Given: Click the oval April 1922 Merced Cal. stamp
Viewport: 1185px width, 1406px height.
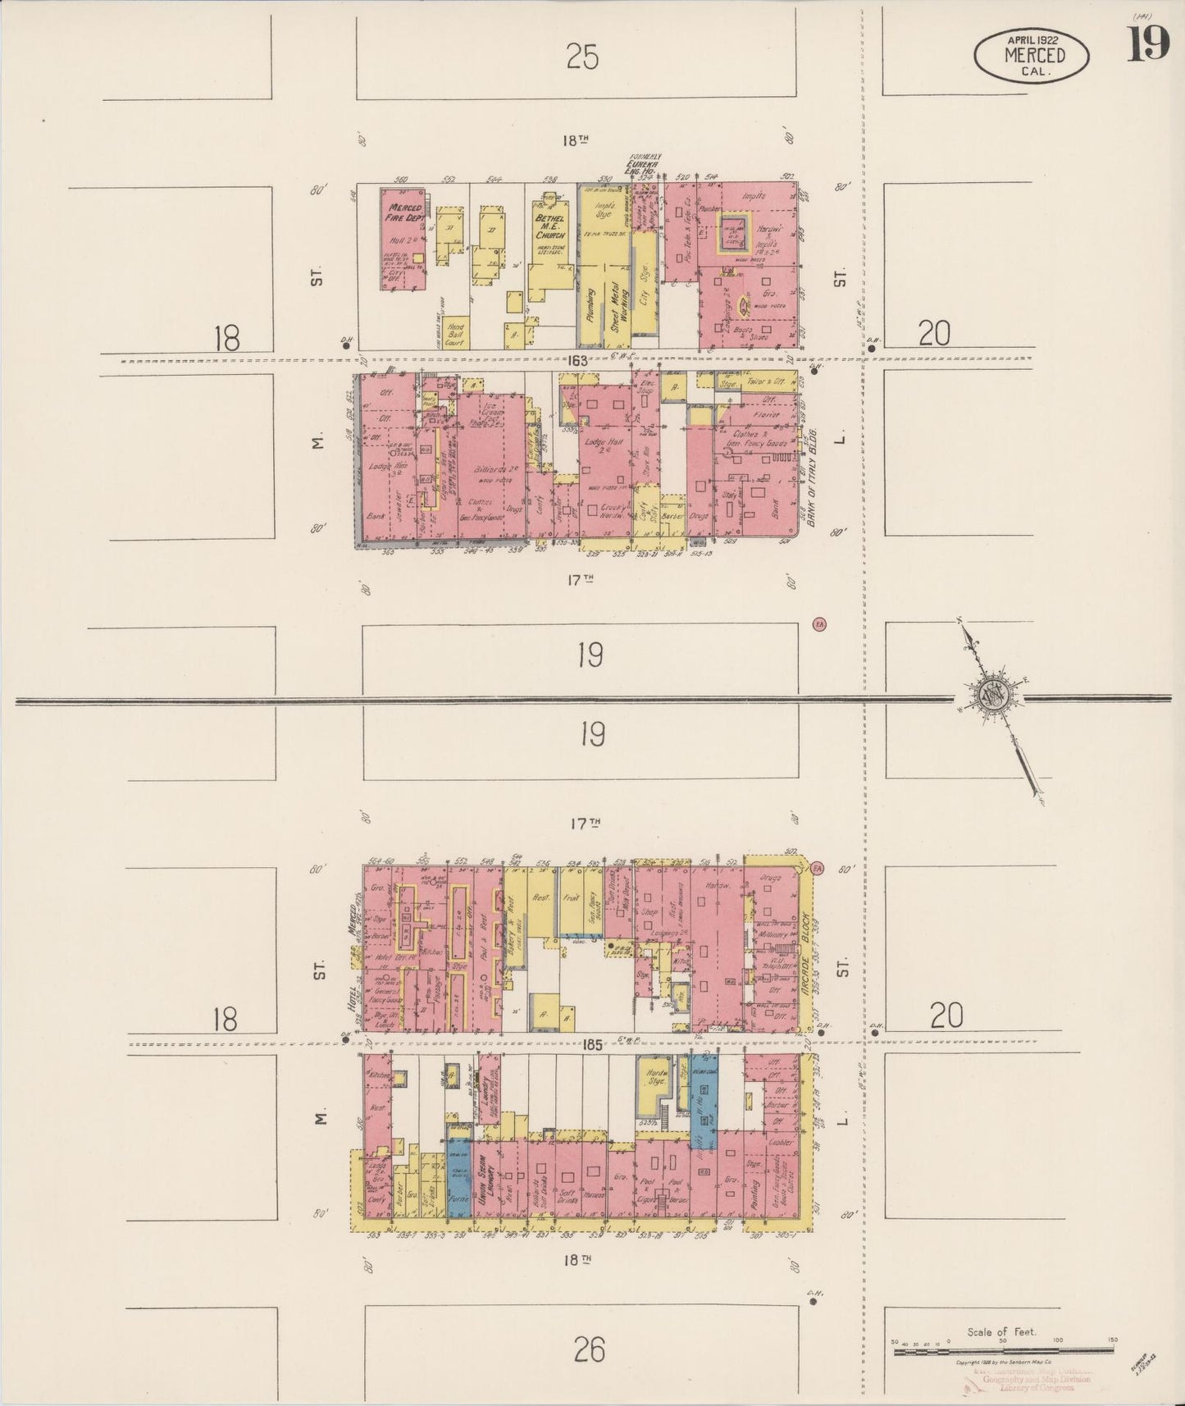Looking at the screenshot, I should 1031,55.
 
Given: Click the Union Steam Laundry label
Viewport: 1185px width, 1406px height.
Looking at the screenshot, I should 484,1177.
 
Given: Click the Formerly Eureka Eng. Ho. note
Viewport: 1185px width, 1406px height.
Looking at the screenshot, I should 645,163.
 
